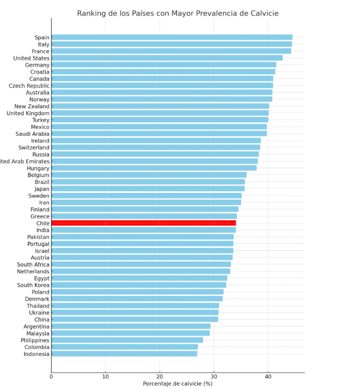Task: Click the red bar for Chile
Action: [x=143, y=223]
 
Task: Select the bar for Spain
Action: [x=172, y=37]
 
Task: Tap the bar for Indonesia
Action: [x=124, y=354]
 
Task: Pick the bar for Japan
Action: [x=148, y=189]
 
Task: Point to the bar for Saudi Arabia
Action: [x=159, y=134]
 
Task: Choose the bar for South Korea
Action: [x=139, y=285]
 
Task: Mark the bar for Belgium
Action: [x=149, y=175]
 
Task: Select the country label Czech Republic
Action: [x=29, y=86]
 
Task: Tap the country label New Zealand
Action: [x=32, y=106]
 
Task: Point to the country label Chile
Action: [x=43, y=224]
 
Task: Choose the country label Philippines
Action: [x=35, y=340]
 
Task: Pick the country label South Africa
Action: [x=33, y=265]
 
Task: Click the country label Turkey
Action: [x=41, y=120]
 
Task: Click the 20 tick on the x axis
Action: [x=160, y=376]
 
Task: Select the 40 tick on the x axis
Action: [x=268, y=376]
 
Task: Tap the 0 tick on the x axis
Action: [x=51, y=376]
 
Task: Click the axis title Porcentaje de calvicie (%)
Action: [x=178, y=384]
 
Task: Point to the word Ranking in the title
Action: [x=92, y=14]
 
